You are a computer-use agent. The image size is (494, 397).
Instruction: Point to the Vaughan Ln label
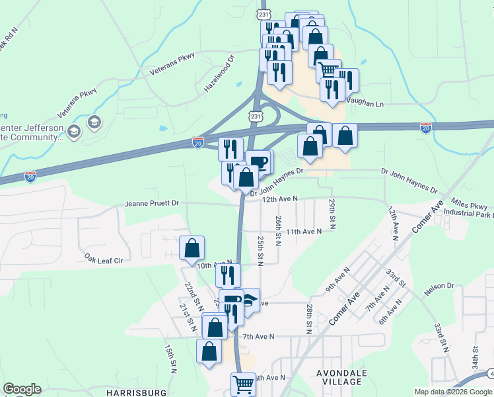[x=365, y=104]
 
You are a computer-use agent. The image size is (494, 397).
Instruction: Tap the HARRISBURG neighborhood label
[x=132, y=392]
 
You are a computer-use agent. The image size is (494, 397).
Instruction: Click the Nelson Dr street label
[x=441, y=286]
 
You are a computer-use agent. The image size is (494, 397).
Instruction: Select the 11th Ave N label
[x=303, y=232]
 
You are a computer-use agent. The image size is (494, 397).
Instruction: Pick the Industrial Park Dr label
[x=469, y=214]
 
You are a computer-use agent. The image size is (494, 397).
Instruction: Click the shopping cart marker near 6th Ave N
[x=243, y=383]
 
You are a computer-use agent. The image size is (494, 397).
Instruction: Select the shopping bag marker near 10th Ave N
[x=192, y=248]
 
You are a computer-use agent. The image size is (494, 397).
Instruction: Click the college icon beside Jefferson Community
[x=93, y=122]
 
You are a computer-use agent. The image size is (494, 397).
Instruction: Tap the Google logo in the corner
[x=22, y=389]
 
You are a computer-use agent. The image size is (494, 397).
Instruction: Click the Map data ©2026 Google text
[x=453, y=392]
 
